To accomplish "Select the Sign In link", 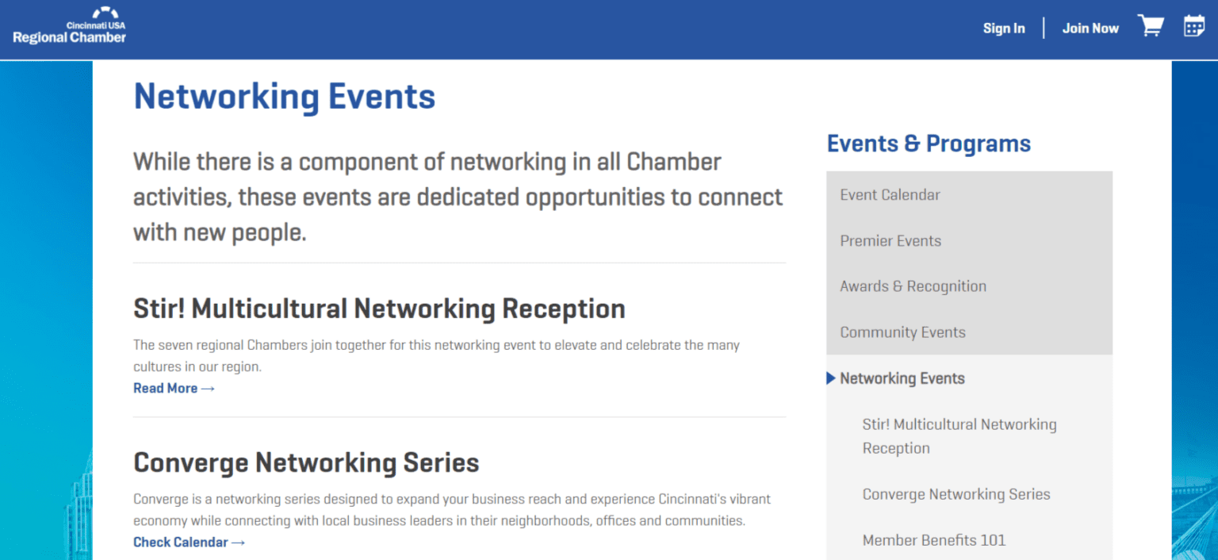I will [x=1004, y=29].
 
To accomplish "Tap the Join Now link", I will [x=1090, y=29].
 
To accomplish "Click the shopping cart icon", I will [x=1151, y=26].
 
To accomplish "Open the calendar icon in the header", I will [x=1194, y=26].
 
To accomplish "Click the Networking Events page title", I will [x=285, y=97].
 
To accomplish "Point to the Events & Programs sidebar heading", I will [x=929, y=144].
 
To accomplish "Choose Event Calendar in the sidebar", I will [x=890, y=195].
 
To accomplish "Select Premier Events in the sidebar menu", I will [x=891, y=241].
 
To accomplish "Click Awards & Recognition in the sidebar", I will [x=913, y=286].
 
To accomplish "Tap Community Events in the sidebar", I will [x=902, y=332].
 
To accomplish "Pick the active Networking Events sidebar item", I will [x=902, y=378].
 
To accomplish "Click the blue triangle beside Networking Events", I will [x=831, y=378].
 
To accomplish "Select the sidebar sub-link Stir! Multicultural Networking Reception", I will [x=959, y=436].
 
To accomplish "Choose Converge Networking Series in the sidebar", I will [x=956, y=494].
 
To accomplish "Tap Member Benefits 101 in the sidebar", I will [x=933, y=540].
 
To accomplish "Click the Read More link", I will [x=174, y=388].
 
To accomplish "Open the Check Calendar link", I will [x=189, y=543].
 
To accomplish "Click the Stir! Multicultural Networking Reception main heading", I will [x=379, y=309].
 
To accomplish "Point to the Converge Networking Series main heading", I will [x=306, y=462].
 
